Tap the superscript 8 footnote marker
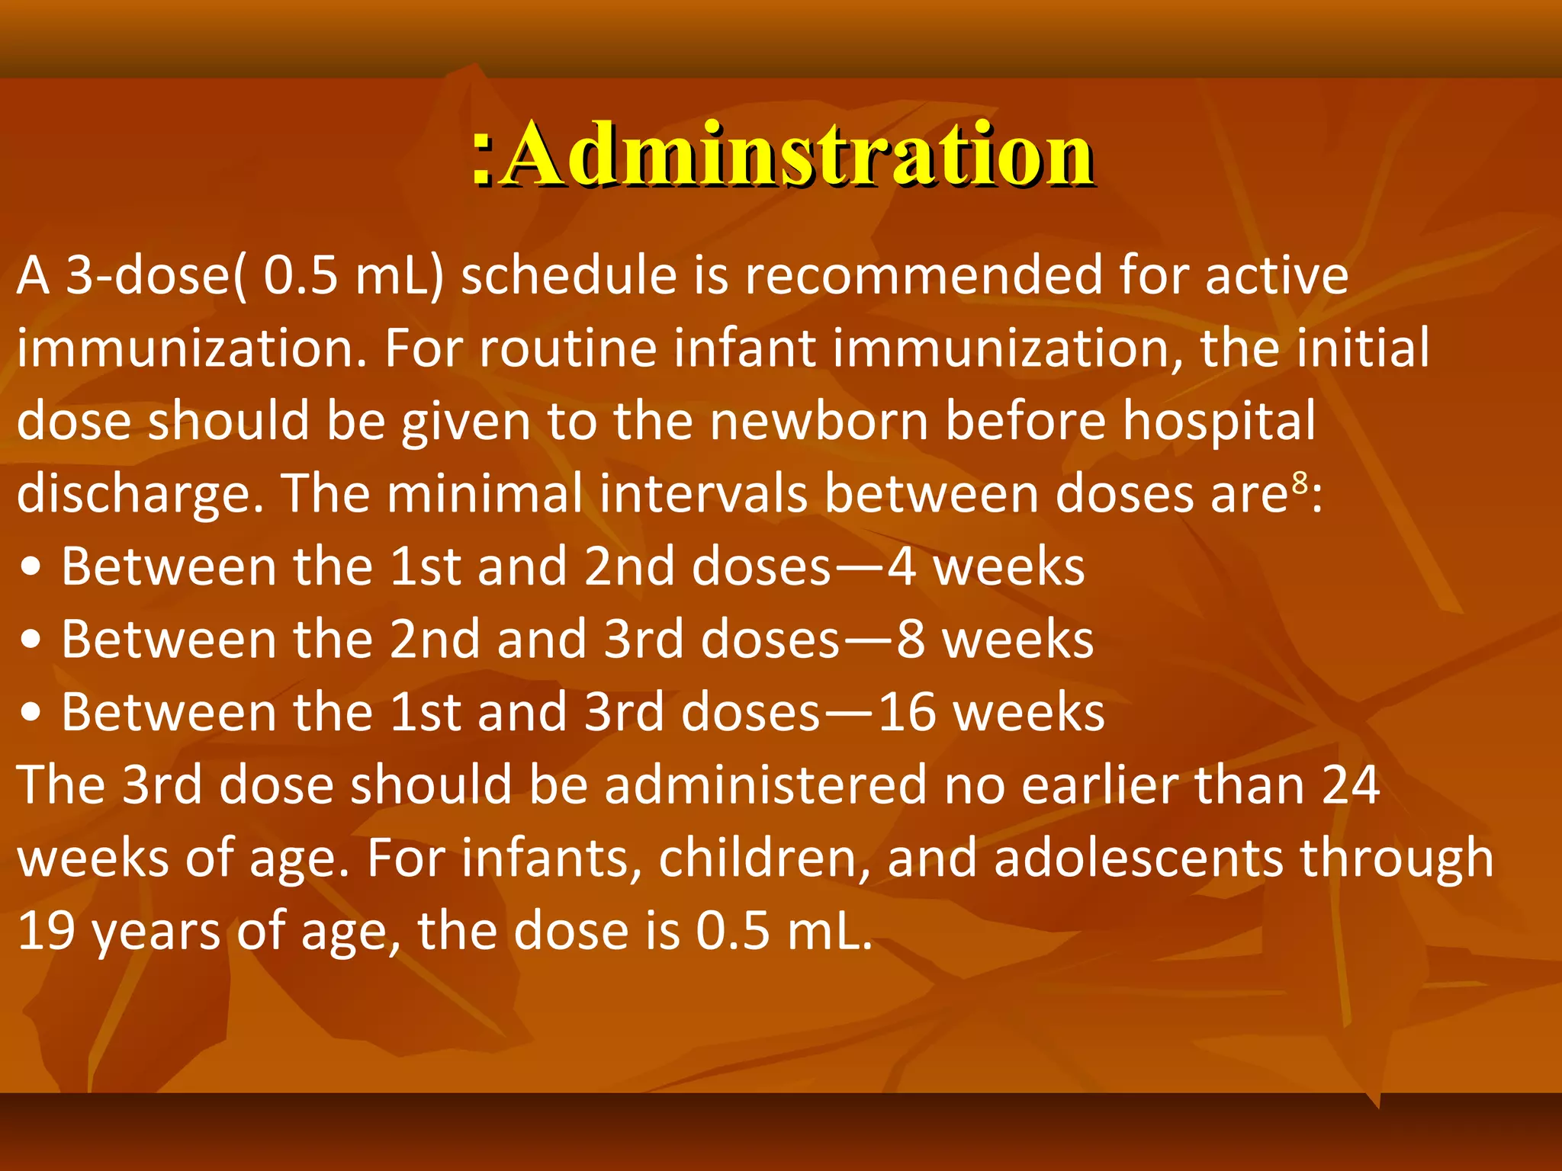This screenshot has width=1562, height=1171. click(x=1300, y=482)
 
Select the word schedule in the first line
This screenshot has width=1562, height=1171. click(x=569, y=275)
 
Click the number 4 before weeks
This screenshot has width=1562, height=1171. click(x=902, y=567)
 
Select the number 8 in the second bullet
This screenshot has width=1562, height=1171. click(x=911, y=640)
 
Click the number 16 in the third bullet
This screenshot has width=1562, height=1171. click(x=907, y=713)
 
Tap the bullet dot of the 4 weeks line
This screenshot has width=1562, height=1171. click(x=31, y=568)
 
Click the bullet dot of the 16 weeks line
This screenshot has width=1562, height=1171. click(x=31, y=714)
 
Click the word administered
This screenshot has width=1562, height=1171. click(x=766, y=785)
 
